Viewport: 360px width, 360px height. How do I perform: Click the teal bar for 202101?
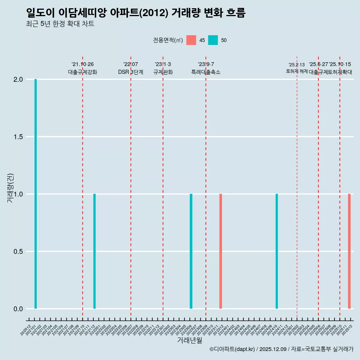coord(36,194)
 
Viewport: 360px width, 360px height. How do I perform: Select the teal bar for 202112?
coord(94,251)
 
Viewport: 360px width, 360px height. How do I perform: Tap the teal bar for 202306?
coord(191,251)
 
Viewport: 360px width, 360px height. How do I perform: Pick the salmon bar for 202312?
coord(220,251)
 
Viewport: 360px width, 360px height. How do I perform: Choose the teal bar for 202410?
coord(277,251)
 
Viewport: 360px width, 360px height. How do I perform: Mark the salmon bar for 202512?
coord(349,251)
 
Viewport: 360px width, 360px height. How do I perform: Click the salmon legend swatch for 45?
coord(191,40)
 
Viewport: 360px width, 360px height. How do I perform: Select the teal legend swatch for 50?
coord(213,40)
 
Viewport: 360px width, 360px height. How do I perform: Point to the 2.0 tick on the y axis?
coord(19,79)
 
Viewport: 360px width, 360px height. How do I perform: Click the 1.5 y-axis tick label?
coord(19,137)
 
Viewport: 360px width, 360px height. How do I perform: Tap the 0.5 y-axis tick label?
coord(19,252)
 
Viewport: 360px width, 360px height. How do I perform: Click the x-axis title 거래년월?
coord(190,340)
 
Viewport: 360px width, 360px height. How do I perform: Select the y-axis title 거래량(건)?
coord(10,188)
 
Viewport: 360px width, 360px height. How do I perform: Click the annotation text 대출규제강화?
coord(82,72)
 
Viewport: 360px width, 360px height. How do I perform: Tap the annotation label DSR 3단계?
coord(130,72)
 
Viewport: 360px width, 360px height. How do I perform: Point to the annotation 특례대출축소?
coord(206,72)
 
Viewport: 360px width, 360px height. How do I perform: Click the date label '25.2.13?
coord(297,65)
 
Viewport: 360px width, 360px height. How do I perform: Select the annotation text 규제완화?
coord(163,72)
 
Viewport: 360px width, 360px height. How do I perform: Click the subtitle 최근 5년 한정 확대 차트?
coord(60,24)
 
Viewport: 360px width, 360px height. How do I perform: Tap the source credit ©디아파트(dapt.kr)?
coord(232,349)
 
